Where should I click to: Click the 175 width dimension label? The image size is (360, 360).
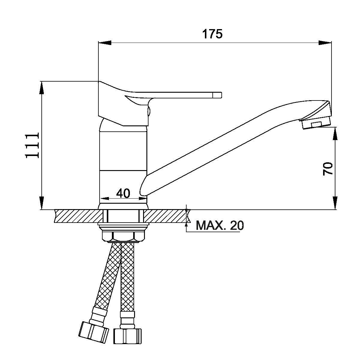pyautogui.click(x=212, y=34)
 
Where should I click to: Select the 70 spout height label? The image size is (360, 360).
pyautogui.click(x=328, y=169)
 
